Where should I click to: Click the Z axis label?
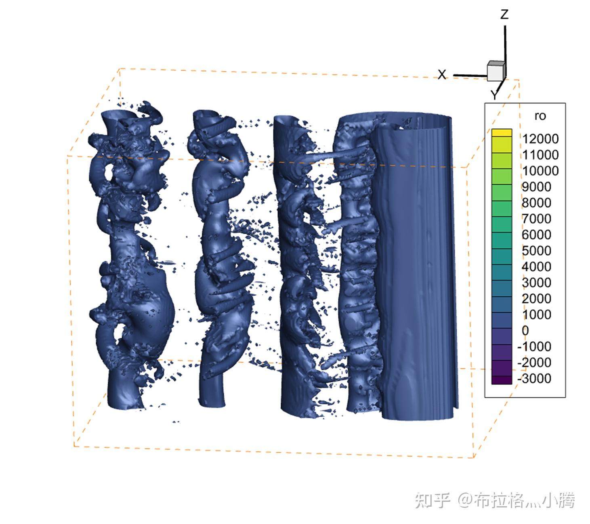click(x=504, y=14)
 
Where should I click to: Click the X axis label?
click(x=442, y=75)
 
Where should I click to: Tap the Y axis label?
click(x=494, y=95)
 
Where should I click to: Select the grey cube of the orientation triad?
click(x=496, y=71)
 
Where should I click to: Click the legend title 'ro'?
click(x=540, y=116)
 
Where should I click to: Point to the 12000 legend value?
click(x=540, y=139)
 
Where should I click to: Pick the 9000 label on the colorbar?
click(x=536, y=187)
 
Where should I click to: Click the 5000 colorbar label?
click(x=536, y=251)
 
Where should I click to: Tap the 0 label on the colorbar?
click(x=525, y=331)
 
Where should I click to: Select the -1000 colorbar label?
click(x=534, y=347)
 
